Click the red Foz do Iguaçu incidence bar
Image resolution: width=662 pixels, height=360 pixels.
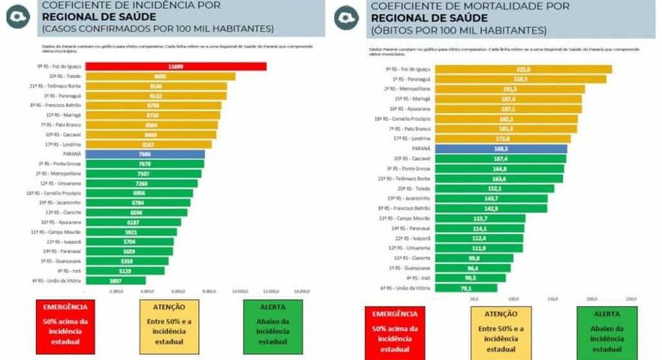(175, 67)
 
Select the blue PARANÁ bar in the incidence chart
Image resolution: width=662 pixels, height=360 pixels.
(144, 154)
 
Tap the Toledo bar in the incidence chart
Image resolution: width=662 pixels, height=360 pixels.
(159, 76)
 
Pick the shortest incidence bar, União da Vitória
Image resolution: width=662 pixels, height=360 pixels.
(116, 280)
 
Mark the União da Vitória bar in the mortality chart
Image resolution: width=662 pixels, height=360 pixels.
(466, 287)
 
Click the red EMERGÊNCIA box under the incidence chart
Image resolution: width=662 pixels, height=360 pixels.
(65, 326)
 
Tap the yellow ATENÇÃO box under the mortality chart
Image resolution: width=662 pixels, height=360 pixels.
(501, 331)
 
